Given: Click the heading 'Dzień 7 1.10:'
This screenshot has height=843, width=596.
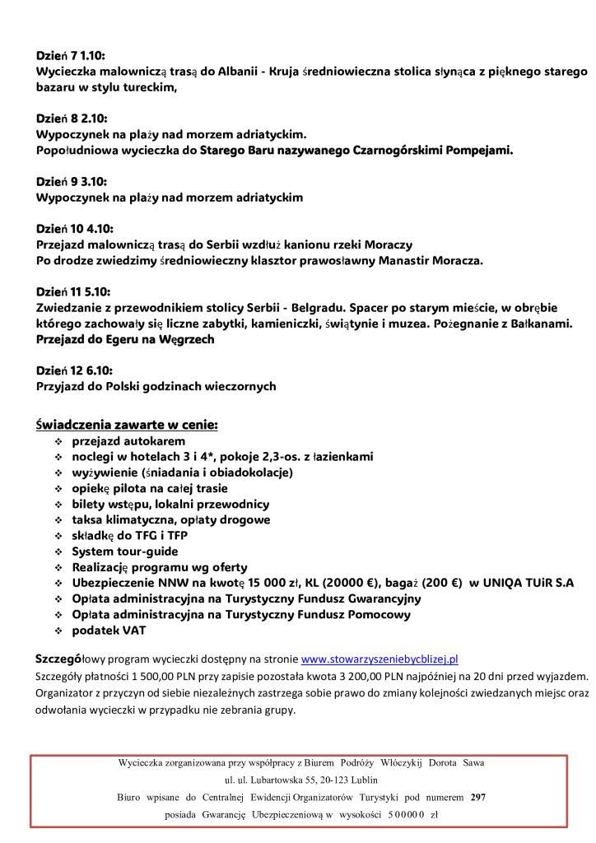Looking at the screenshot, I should (x=72, y=56).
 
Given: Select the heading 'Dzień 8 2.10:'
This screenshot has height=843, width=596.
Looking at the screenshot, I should (x=72, y=118).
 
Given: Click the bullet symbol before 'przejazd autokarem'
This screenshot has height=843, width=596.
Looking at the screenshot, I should (x=58, y=442).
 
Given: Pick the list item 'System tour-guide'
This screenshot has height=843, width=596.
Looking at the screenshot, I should (x=124, y=552).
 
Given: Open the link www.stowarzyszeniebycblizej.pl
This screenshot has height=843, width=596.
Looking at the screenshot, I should (x=379, y=659).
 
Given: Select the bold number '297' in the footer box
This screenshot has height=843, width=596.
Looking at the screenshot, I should (x=478, y=797).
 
